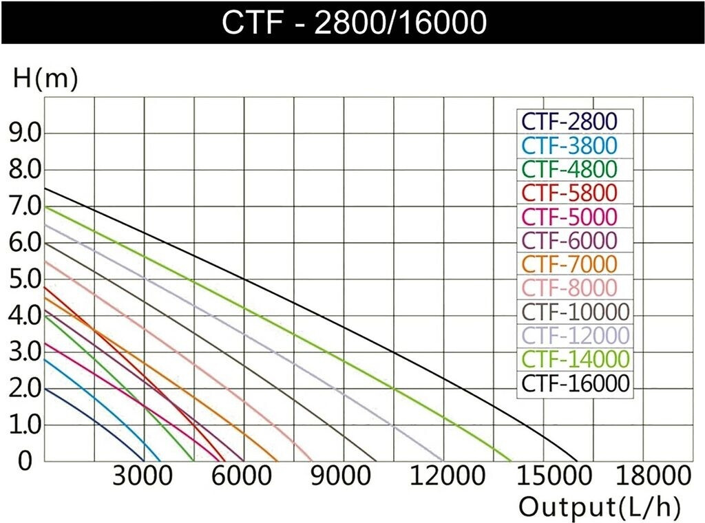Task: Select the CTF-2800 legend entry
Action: point(569,121)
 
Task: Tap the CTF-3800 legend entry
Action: point(569,145)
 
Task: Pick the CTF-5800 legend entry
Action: point(569,192)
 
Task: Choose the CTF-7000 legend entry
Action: point(569,264)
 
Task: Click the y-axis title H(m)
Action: point(45,79)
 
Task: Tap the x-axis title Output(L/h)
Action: point(599,508)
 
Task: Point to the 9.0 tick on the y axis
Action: point(24,134)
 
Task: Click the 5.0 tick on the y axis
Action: point(24,279)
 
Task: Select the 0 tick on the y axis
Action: point(25,461)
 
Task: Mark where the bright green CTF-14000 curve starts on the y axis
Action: point(45,206)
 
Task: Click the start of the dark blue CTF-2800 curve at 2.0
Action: point(45,388)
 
